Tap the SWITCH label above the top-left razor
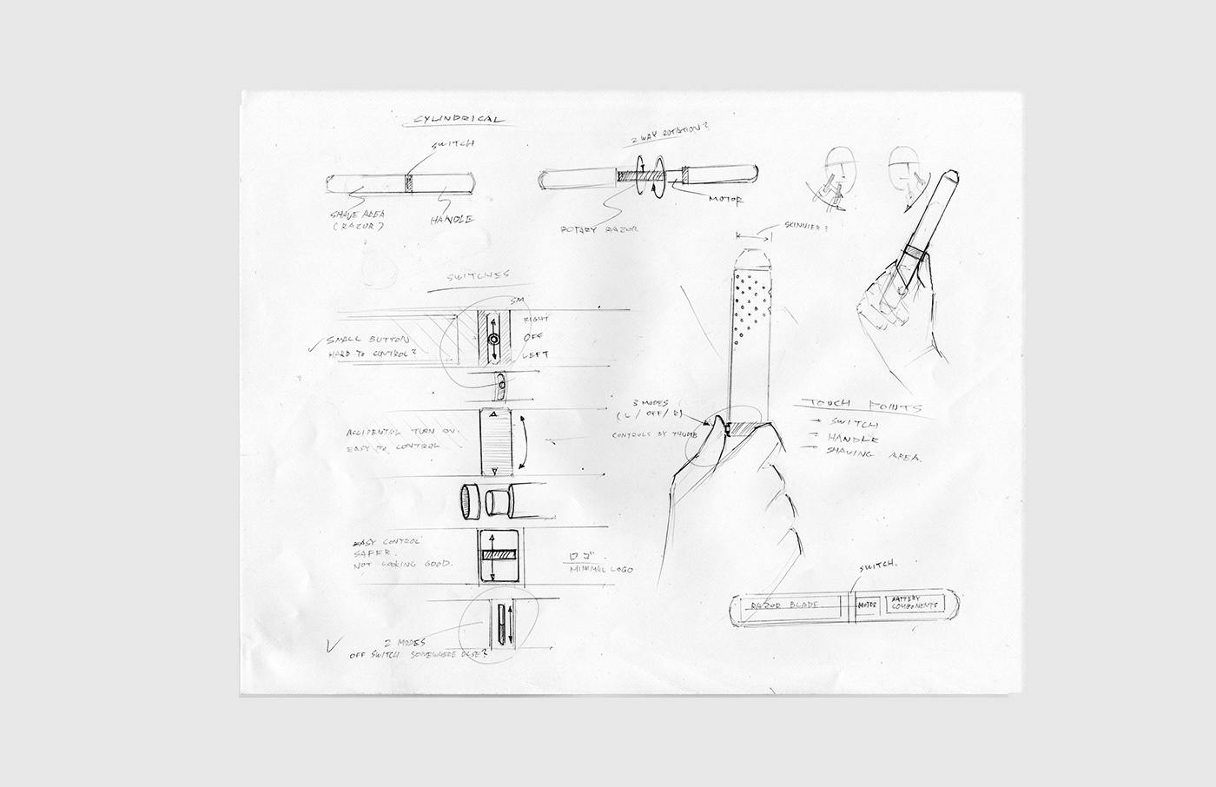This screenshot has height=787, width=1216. (446, 148)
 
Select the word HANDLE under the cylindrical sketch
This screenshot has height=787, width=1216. (453, 221)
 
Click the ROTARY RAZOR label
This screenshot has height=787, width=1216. (600, 228)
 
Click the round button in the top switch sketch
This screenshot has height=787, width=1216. (493, 339)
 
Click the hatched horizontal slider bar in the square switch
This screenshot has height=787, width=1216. (499, 554)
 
